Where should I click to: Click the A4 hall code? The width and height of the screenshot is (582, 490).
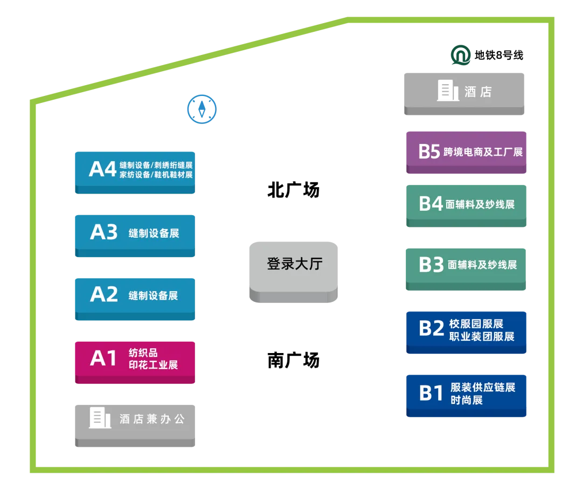point(102,169)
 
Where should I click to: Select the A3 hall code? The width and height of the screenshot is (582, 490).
point(103,232)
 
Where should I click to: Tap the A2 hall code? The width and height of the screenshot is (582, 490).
point(103,294)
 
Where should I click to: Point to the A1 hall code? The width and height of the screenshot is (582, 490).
point(103,358)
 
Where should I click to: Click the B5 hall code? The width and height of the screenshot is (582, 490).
point(429,152)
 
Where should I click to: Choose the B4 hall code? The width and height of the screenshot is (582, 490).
point(431,204)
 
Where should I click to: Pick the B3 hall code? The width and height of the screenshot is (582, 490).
point(431,265)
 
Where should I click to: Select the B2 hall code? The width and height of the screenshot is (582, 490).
point(431,328)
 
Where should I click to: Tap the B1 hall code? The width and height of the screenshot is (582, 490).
point(431,393)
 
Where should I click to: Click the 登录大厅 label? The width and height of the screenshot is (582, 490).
point(294,264)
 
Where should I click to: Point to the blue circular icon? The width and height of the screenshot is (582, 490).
point(202,109)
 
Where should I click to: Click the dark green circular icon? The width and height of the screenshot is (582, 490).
point(461,55)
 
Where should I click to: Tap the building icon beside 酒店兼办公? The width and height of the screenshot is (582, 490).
point(100,418)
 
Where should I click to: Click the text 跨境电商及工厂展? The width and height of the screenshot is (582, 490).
point(483,152)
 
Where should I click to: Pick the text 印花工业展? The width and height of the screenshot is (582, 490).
point(153,365)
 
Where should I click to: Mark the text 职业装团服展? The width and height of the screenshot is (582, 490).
point(482,336)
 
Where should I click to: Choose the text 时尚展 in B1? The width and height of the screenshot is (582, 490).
point(467,400)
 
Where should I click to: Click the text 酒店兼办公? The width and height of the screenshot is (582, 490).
point(152,419)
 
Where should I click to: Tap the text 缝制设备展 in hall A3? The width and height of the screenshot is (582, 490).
point(154,233)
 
